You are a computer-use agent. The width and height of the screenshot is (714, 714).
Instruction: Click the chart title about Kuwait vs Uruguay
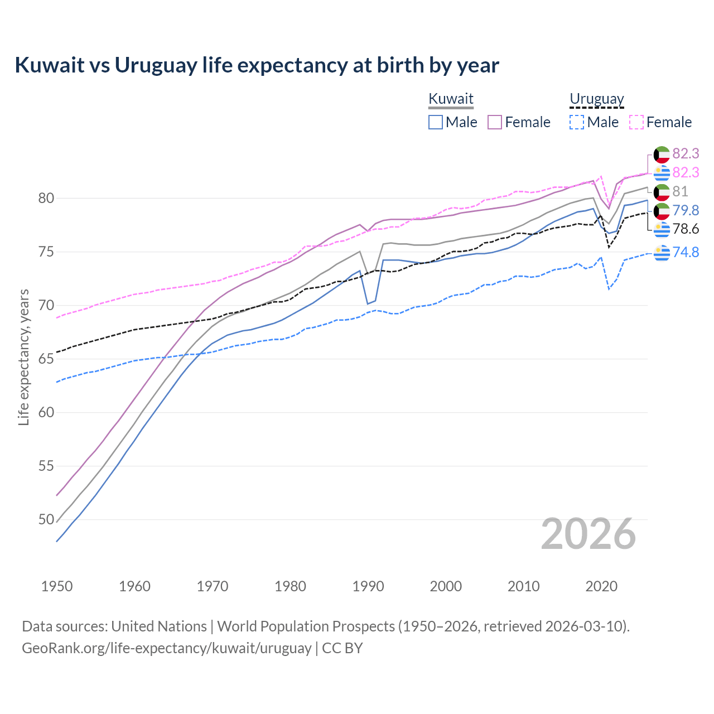pyautogui.click(x=257, y=65)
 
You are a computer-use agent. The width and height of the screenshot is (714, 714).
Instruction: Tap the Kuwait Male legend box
pyautogui.click(x=436, y=122)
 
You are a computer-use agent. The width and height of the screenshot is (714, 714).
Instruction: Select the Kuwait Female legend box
pyautogui.click(x=495, y=122)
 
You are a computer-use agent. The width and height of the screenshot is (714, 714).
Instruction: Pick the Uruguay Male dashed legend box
pyautogui.click(x=577, y=122)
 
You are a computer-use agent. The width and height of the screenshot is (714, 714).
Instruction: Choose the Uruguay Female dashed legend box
pyautogui.click(x=636, y=122)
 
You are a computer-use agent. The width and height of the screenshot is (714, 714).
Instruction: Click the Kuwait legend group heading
pyautogui.click(x=451, y=99)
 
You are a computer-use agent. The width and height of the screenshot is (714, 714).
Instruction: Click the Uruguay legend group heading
pyautogui.click(x=596, y=99)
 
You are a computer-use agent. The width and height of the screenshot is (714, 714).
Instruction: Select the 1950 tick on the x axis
pyautogui.click(x=57, y=586)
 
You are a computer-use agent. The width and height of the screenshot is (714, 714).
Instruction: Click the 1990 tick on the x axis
pyautogui.click(x=368, y=586)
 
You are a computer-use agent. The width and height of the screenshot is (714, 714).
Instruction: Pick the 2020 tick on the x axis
pyautogui.click(x=601, y=586)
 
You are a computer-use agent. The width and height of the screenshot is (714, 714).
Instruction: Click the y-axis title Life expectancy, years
pyautogui.click(x=24, y=357)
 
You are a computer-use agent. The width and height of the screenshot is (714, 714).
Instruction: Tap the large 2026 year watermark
pyautogui.click(x=588, y=534)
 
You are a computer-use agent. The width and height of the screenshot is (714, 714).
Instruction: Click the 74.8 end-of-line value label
pyautogui.click(x=686, y=252)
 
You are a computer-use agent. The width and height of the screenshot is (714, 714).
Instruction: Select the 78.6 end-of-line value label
pyautogui.click(x=686, y=229)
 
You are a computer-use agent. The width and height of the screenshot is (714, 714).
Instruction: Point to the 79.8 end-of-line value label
pyautogui.click(x=686, y=210)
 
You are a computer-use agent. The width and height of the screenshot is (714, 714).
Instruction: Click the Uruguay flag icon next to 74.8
pyautogui.click(x=662, y=252)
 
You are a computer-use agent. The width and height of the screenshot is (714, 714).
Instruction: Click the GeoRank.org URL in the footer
pyautogui.click(x=166, y=648)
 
